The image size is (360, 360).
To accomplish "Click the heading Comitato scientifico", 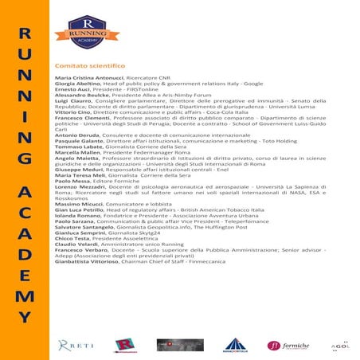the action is (x=89, y=65).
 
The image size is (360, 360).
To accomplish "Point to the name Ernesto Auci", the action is (x=69, y=91).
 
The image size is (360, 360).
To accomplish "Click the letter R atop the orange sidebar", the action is (x=25, y=34).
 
